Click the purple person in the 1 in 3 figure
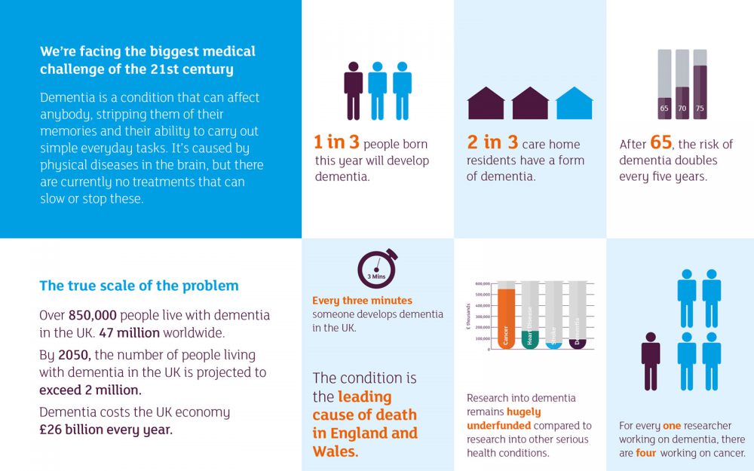click(x=354, y=90)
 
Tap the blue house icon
click(x=575, y=104)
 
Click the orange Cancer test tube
click(x=507, y=316)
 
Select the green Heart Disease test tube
click(x=531, y=316)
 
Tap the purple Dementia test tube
click(x=578, y=316)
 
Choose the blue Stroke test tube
click(x=554, y=316)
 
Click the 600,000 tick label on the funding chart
click(x=483, y=284)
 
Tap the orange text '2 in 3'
click(x=492, y=142)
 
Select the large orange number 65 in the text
click(x=661, y=142)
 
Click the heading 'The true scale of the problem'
click(x=139, y=286)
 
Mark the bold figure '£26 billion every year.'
click(x=106, y=430)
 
